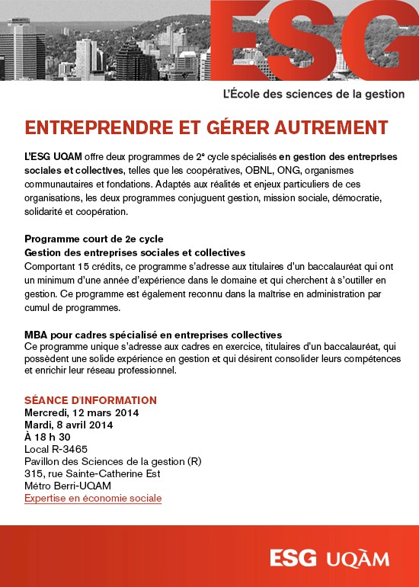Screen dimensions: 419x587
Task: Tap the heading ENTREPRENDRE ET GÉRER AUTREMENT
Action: [x=206, y=127]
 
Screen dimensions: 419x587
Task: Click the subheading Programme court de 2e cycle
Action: [x=94, y=239]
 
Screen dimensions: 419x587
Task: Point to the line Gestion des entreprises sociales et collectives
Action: [x=135, y=252]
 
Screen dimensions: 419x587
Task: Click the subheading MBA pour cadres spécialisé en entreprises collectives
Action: [x=153, y=335]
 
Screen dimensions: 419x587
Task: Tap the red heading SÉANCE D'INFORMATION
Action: [x=91, y=400]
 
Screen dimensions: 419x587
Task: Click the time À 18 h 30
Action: [x=47, y=437]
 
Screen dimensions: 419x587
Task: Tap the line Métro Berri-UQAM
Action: [x=68, y=486]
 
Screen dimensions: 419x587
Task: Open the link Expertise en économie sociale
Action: [x=93, y=498]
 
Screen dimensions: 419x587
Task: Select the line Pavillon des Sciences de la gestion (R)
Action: [x=113, y=461]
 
